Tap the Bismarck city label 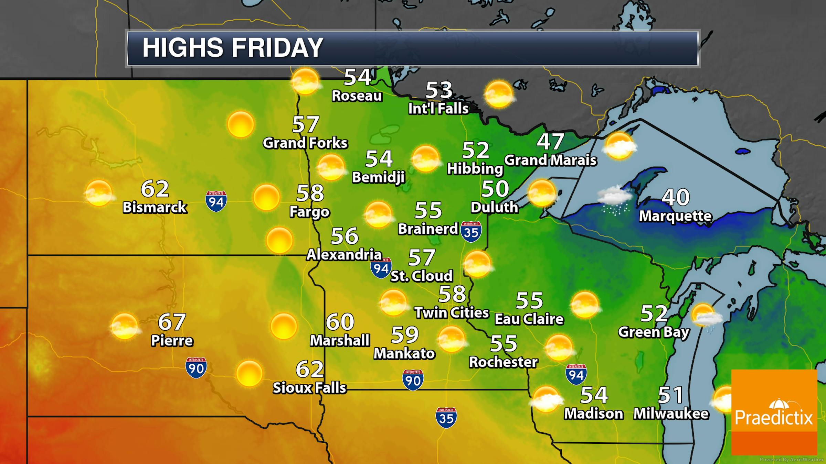point(155,207)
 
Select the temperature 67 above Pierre point(172,322)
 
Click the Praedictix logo point(774,412)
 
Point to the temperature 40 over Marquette point(676,197)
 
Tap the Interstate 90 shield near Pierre point(196,368)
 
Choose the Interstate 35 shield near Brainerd point(471,232)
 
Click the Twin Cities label point(452,312)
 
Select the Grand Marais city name point(550,160)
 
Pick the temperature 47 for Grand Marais point(550,141)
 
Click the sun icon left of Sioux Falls point(249,373)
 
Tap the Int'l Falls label point(438,109)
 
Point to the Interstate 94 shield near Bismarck point(216,201)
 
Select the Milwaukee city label point(671,413)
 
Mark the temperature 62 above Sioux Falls point(310,369)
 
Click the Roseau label point(357,96)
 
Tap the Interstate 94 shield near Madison point(576,374)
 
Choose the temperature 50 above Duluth point(495,189)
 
